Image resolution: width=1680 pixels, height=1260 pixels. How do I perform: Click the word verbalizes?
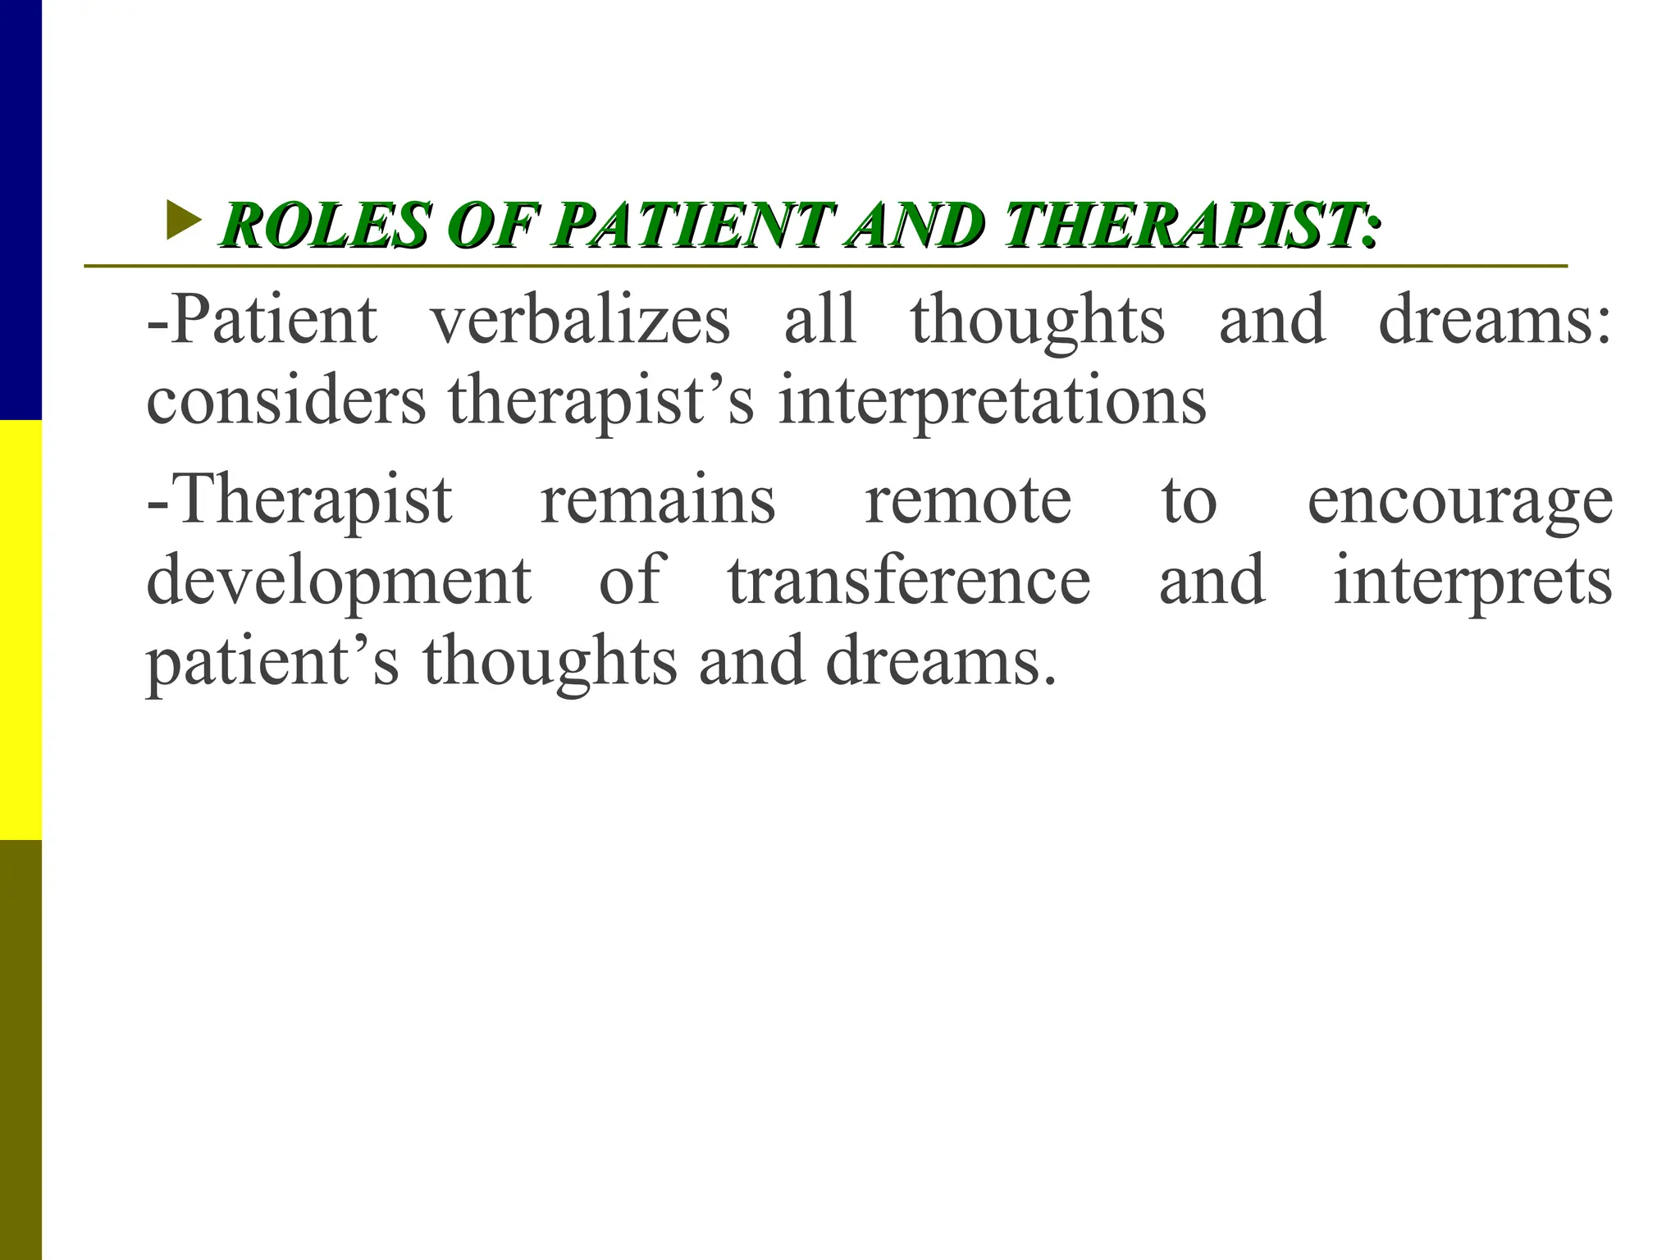pyautogui.click(x=580, y=320)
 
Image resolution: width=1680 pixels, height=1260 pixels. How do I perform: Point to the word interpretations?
pyautogui.click(x=992, y=401)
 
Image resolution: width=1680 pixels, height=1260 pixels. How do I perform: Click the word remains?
pyautogui.click(x=658, y=500)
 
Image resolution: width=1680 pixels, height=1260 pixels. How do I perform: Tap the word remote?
pyautogui.click(x=968, y=500)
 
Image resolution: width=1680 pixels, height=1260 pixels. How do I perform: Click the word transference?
pyautogui.click(x=909, y=580)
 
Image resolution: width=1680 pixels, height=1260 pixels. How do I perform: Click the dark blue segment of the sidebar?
pyautogui.click(x=21, y=209)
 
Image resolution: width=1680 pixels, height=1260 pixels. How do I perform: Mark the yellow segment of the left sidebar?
pyautogui.click(x=21, y=629)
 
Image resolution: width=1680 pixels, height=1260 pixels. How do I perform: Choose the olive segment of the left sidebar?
pyautogui.click(x=21, y=1050)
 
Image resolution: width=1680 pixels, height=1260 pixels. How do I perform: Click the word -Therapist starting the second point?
pyautogui.click(x=299, y=500)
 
